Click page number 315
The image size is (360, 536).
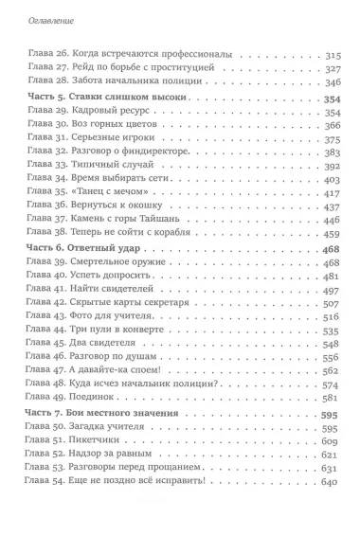coord(331,55)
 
